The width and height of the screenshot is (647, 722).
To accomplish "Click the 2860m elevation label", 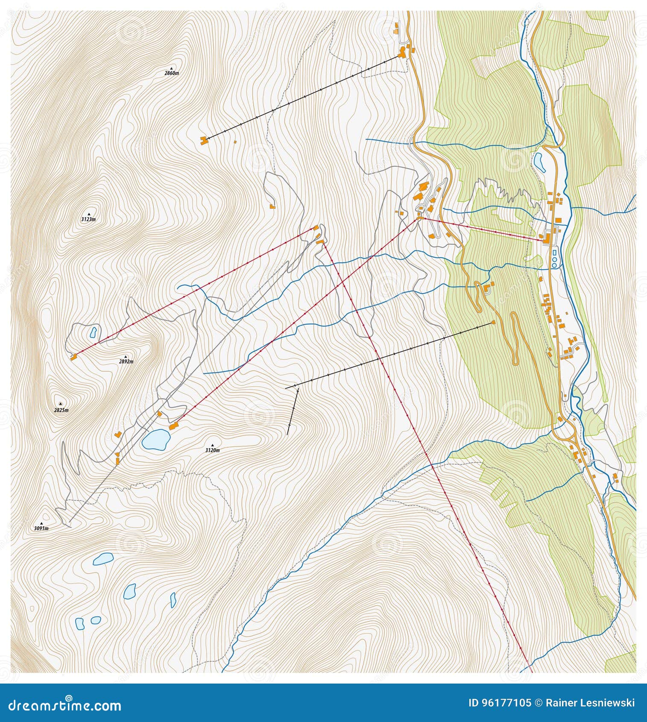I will coord(171,73).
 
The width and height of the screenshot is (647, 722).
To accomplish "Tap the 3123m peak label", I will coord(88,219).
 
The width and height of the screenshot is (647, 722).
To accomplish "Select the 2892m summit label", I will coord(126,361).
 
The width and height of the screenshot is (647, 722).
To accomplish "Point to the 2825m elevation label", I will coord(61,410).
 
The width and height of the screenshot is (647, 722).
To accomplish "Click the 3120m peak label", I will coord(212,450).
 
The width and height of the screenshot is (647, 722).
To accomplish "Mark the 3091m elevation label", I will coord(41,528).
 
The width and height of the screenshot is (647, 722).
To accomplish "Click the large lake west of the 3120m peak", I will coord(156,439).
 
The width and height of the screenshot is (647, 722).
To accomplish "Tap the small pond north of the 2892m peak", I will coord(93,332).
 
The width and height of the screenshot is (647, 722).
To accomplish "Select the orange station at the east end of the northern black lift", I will coord(402,53).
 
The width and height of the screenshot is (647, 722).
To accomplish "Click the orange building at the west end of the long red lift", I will coord(73,356).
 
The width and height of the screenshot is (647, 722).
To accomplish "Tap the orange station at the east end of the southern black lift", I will coord(494,322).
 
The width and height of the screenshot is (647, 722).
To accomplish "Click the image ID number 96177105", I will coord(506,703).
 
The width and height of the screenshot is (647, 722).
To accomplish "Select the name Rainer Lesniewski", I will coord(590,703).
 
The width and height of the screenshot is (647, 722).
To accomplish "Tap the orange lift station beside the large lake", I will coord(173,426).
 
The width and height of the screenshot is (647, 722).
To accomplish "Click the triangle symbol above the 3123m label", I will coord(89,214).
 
